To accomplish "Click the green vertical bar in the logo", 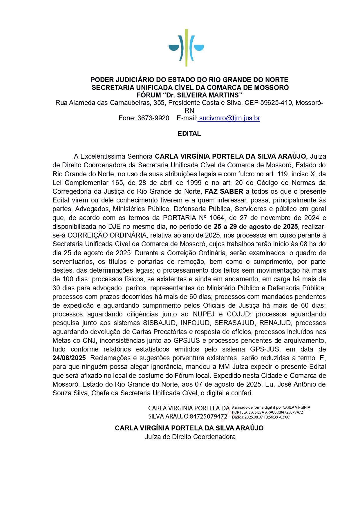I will point(186,48).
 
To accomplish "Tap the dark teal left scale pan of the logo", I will point(173,48).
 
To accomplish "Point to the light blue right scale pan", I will point(199,48).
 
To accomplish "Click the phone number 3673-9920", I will point(153,118).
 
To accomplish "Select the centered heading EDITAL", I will point(189,134).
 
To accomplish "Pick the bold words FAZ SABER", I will point(224,192).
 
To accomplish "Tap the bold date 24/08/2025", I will point(69,358).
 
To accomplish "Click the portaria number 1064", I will point(216,218).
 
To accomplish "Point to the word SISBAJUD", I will point(160,323).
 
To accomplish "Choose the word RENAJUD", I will point(275,323).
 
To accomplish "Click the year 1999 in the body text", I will point(194,183).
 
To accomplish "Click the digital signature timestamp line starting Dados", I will point(261,417).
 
